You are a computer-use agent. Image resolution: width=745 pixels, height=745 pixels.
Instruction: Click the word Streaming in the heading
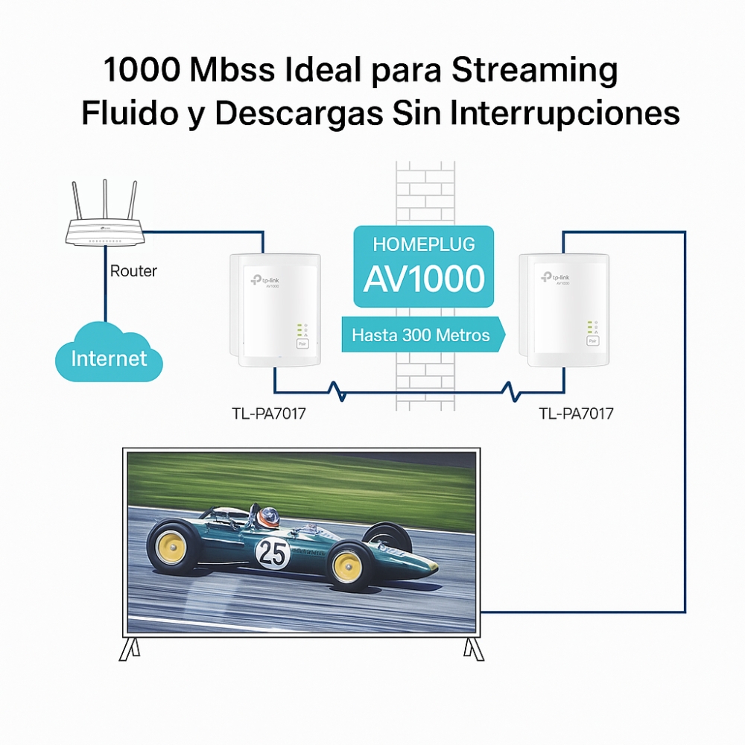534,72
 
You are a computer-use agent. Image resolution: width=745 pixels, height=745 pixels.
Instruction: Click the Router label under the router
133,271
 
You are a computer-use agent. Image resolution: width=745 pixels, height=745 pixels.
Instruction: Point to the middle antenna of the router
105,200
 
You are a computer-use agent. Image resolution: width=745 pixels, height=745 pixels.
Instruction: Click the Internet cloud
109,358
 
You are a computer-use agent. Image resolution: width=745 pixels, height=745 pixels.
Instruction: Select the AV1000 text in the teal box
424,279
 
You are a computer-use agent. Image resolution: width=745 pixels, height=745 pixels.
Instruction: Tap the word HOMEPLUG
424,244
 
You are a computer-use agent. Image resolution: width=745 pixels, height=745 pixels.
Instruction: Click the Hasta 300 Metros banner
421,335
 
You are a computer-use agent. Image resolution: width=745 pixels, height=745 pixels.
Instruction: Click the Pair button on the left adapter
302,344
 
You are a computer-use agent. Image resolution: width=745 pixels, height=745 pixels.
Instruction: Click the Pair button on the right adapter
592,340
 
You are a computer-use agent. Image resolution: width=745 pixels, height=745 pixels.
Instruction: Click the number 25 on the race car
272,553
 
